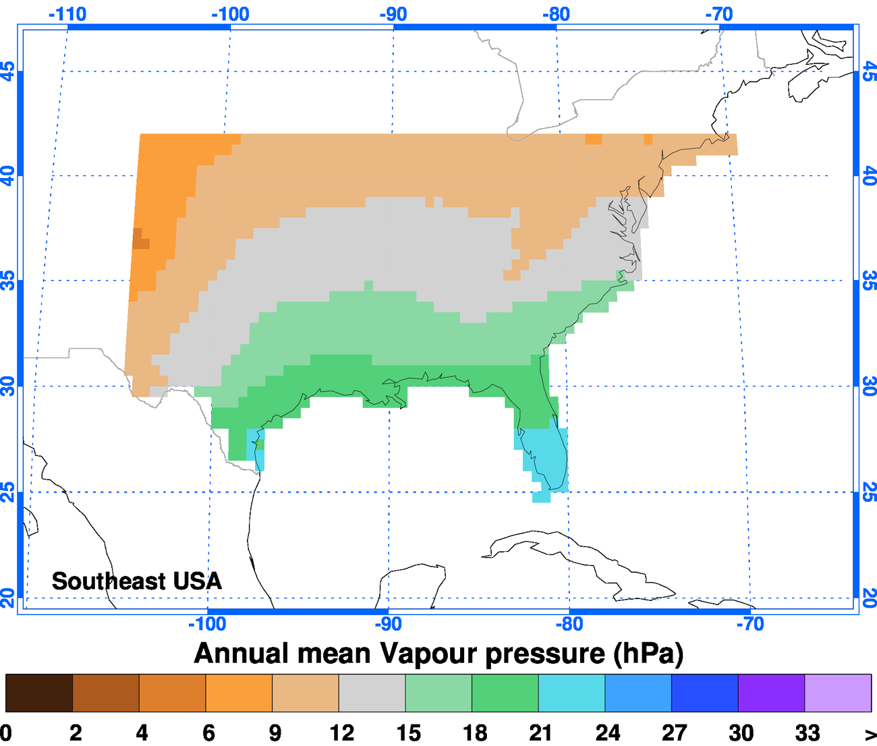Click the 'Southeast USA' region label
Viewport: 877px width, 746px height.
click(136, 581)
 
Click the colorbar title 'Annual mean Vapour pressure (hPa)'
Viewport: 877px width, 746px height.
click(438, 653)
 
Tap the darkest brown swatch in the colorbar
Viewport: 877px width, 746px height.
click(39, 693)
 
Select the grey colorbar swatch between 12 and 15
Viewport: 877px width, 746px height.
click(372, 693)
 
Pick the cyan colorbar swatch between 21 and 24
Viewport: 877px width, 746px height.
click(571, 693)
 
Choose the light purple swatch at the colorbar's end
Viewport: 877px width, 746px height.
click(838, 693)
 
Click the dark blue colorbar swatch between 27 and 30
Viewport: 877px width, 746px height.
click(704, 693)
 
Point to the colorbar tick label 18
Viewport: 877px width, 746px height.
click(475, 733)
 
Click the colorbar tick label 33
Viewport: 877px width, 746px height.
click(808, 733)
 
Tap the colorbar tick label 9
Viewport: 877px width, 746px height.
click(275, 733)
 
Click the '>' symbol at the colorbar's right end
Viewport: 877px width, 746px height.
click(870, 734)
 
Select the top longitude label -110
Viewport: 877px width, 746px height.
click(67, 13)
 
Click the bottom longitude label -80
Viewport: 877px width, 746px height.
click(569, 624)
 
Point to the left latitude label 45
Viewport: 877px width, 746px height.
click(7, 71)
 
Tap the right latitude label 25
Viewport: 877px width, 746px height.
click(869, 492)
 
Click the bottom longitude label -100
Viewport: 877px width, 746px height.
click(206, 624)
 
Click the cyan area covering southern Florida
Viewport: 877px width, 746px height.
click(545, 455)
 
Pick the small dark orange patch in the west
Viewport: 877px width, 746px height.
click(140, 239)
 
